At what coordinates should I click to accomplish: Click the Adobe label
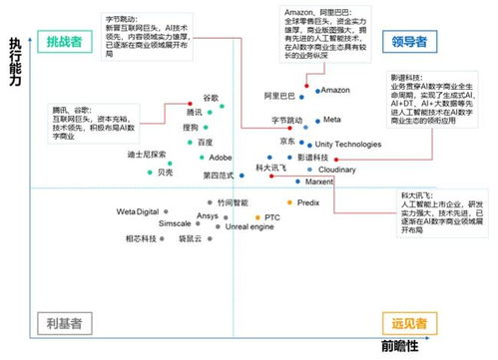tap(221, 158)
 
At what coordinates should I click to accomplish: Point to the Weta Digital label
tap(138, 212)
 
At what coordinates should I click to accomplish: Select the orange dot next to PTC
tap(255, 216)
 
